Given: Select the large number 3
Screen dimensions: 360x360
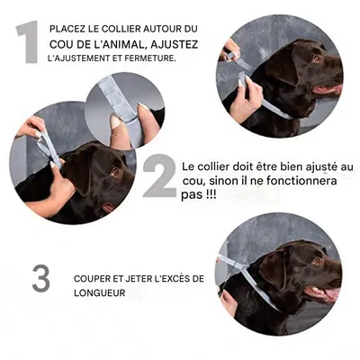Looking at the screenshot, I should pos(41,277).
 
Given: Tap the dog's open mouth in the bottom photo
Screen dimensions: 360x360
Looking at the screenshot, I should pos(326,292).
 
